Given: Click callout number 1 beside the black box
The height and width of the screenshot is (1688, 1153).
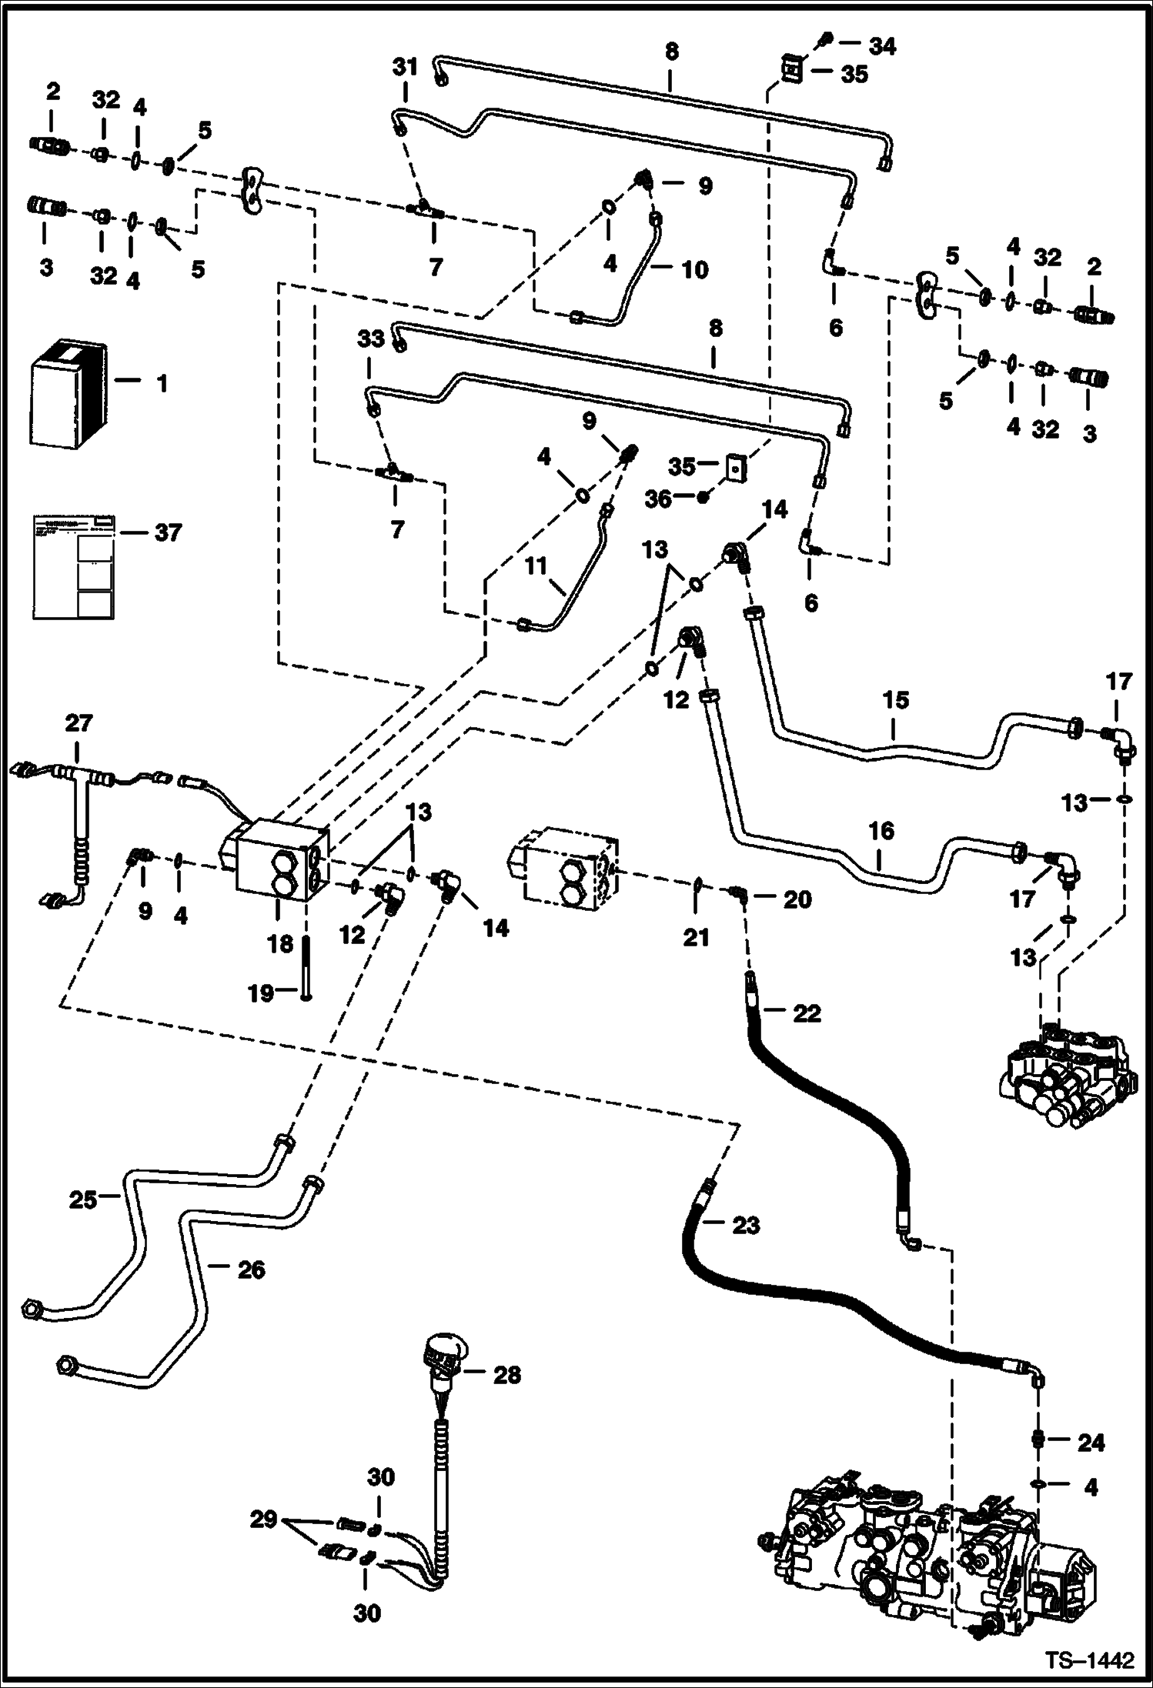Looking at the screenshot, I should click(162, 382).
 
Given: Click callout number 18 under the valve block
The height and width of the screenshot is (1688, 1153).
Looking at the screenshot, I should click(280, 943).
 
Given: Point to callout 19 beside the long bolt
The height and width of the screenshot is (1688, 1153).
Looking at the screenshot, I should click(260, 993).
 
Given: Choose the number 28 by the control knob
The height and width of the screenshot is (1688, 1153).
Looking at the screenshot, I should click(506, 1374).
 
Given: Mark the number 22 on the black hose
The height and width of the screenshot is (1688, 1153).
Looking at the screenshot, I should click(807, 1013).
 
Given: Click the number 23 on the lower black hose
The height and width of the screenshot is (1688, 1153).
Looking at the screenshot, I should click(745, 1225).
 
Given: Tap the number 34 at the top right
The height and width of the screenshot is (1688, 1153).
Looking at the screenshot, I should click(882, 47).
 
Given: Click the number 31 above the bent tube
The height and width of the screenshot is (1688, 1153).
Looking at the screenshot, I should click(405, 67).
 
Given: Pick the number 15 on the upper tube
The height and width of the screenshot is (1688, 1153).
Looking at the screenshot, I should click(896, 700).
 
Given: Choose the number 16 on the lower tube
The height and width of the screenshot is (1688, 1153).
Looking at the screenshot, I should click(882, 830).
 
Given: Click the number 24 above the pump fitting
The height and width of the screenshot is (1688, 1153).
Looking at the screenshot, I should click(1091, 1443).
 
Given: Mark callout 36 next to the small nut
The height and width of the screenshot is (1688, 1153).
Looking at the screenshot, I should click(657, 499).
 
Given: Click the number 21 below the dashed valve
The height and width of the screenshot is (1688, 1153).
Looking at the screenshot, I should click(696, 937).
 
